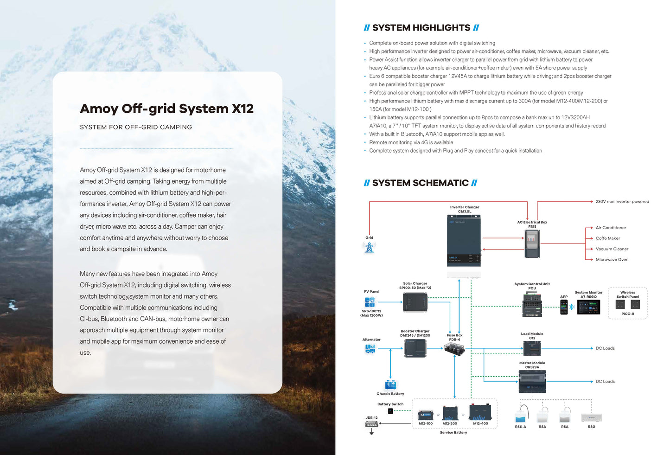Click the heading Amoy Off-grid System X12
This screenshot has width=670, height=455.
coord(166,109)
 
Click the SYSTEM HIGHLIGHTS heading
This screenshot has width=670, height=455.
coord(421,28)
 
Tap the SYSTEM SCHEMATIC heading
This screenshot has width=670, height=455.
coord(420,183)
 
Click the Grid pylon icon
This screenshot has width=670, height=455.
coord(369,248)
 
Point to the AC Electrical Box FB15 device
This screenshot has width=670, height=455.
coord(532,244)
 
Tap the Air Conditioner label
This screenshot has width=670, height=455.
coord(611,228)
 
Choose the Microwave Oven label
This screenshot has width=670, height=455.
coord(612,260)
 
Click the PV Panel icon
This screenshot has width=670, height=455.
coord(370,302)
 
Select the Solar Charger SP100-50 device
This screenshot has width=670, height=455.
coord(415,302)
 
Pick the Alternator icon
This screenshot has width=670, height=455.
coord(370,349)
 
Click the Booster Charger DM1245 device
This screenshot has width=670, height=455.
coord(415,348)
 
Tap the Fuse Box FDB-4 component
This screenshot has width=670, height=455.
coord(454,348)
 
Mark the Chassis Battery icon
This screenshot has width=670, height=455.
coord(390,385)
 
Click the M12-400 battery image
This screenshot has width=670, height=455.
coord(480,412)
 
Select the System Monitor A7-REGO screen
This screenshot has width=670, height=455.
coord(588,307)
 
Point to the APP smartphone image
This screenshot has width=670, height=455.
coord(564,307)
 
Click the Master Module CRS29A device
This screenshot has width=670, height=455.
coord(532,381)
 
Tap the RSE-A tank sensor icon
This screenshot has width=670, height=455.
coord(521,414)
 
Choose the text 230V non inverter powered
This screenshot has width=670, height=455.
coord(622,202)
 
